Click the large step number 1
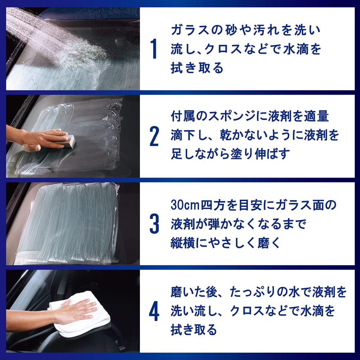[153, 50]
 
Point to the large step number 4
[154, 311]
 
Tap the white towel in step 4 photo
[84, 316]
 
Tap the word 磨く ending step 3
[272, 243]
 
